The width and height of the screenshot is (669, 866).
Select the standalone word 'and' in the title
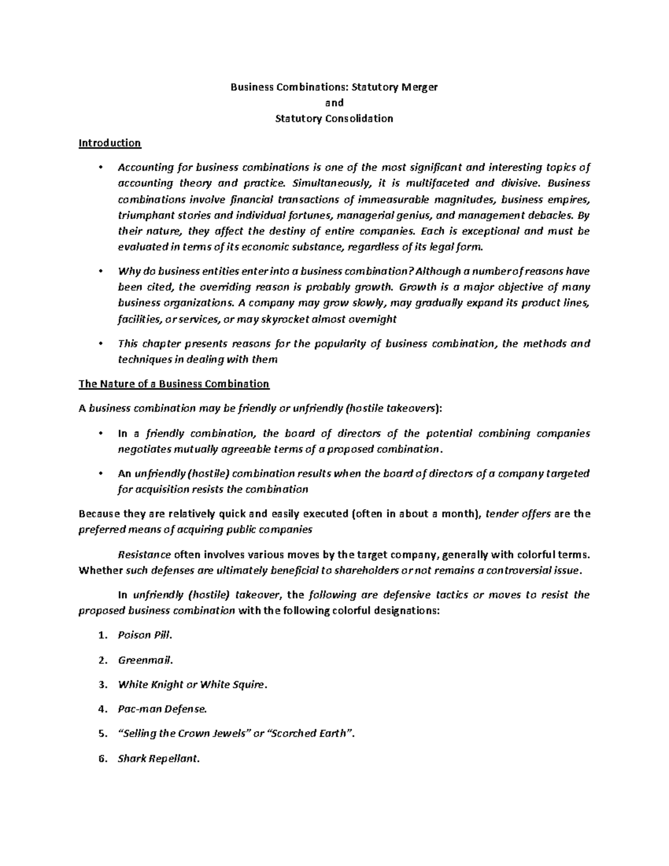pyautogui.click(x=334, y=103)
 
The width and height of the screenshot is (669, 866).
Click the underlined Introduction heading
pyautogui.click(x=110, y=143)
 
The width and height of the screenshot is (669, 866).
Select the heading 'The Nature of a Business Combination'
pyautogui.click(x=174, y=384)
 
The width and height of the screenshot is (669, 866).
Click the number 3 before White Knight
pyautogui.click(x=101, y=685)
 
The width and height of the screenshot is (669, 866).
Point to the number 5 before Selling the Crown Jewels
pyautogui.click(x=101, y=734)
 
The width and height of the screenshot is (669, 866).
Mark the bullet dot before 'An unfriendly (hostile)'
pyautogui.click(x=100, y=474)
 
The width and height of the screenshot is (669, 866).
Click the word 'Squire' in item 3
pyautogui.click(x=246, y=685)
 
